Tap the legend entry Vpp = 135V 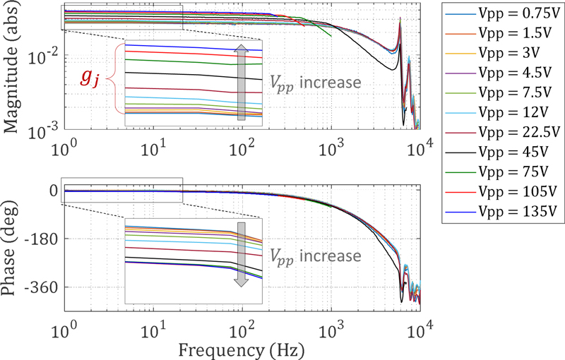[501, 211]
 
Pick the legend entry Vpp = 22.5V [502, 132]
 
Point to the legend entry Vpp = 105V [501, 191]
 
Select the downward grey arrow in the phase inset [240, 254]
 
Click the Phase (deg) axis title [12, 244]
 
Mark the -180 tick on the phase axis [42, 239]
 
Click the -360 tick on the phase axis [42, 287]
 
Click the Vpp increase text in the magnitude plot [316, 82]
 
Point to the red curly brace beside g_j [111, 78]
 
